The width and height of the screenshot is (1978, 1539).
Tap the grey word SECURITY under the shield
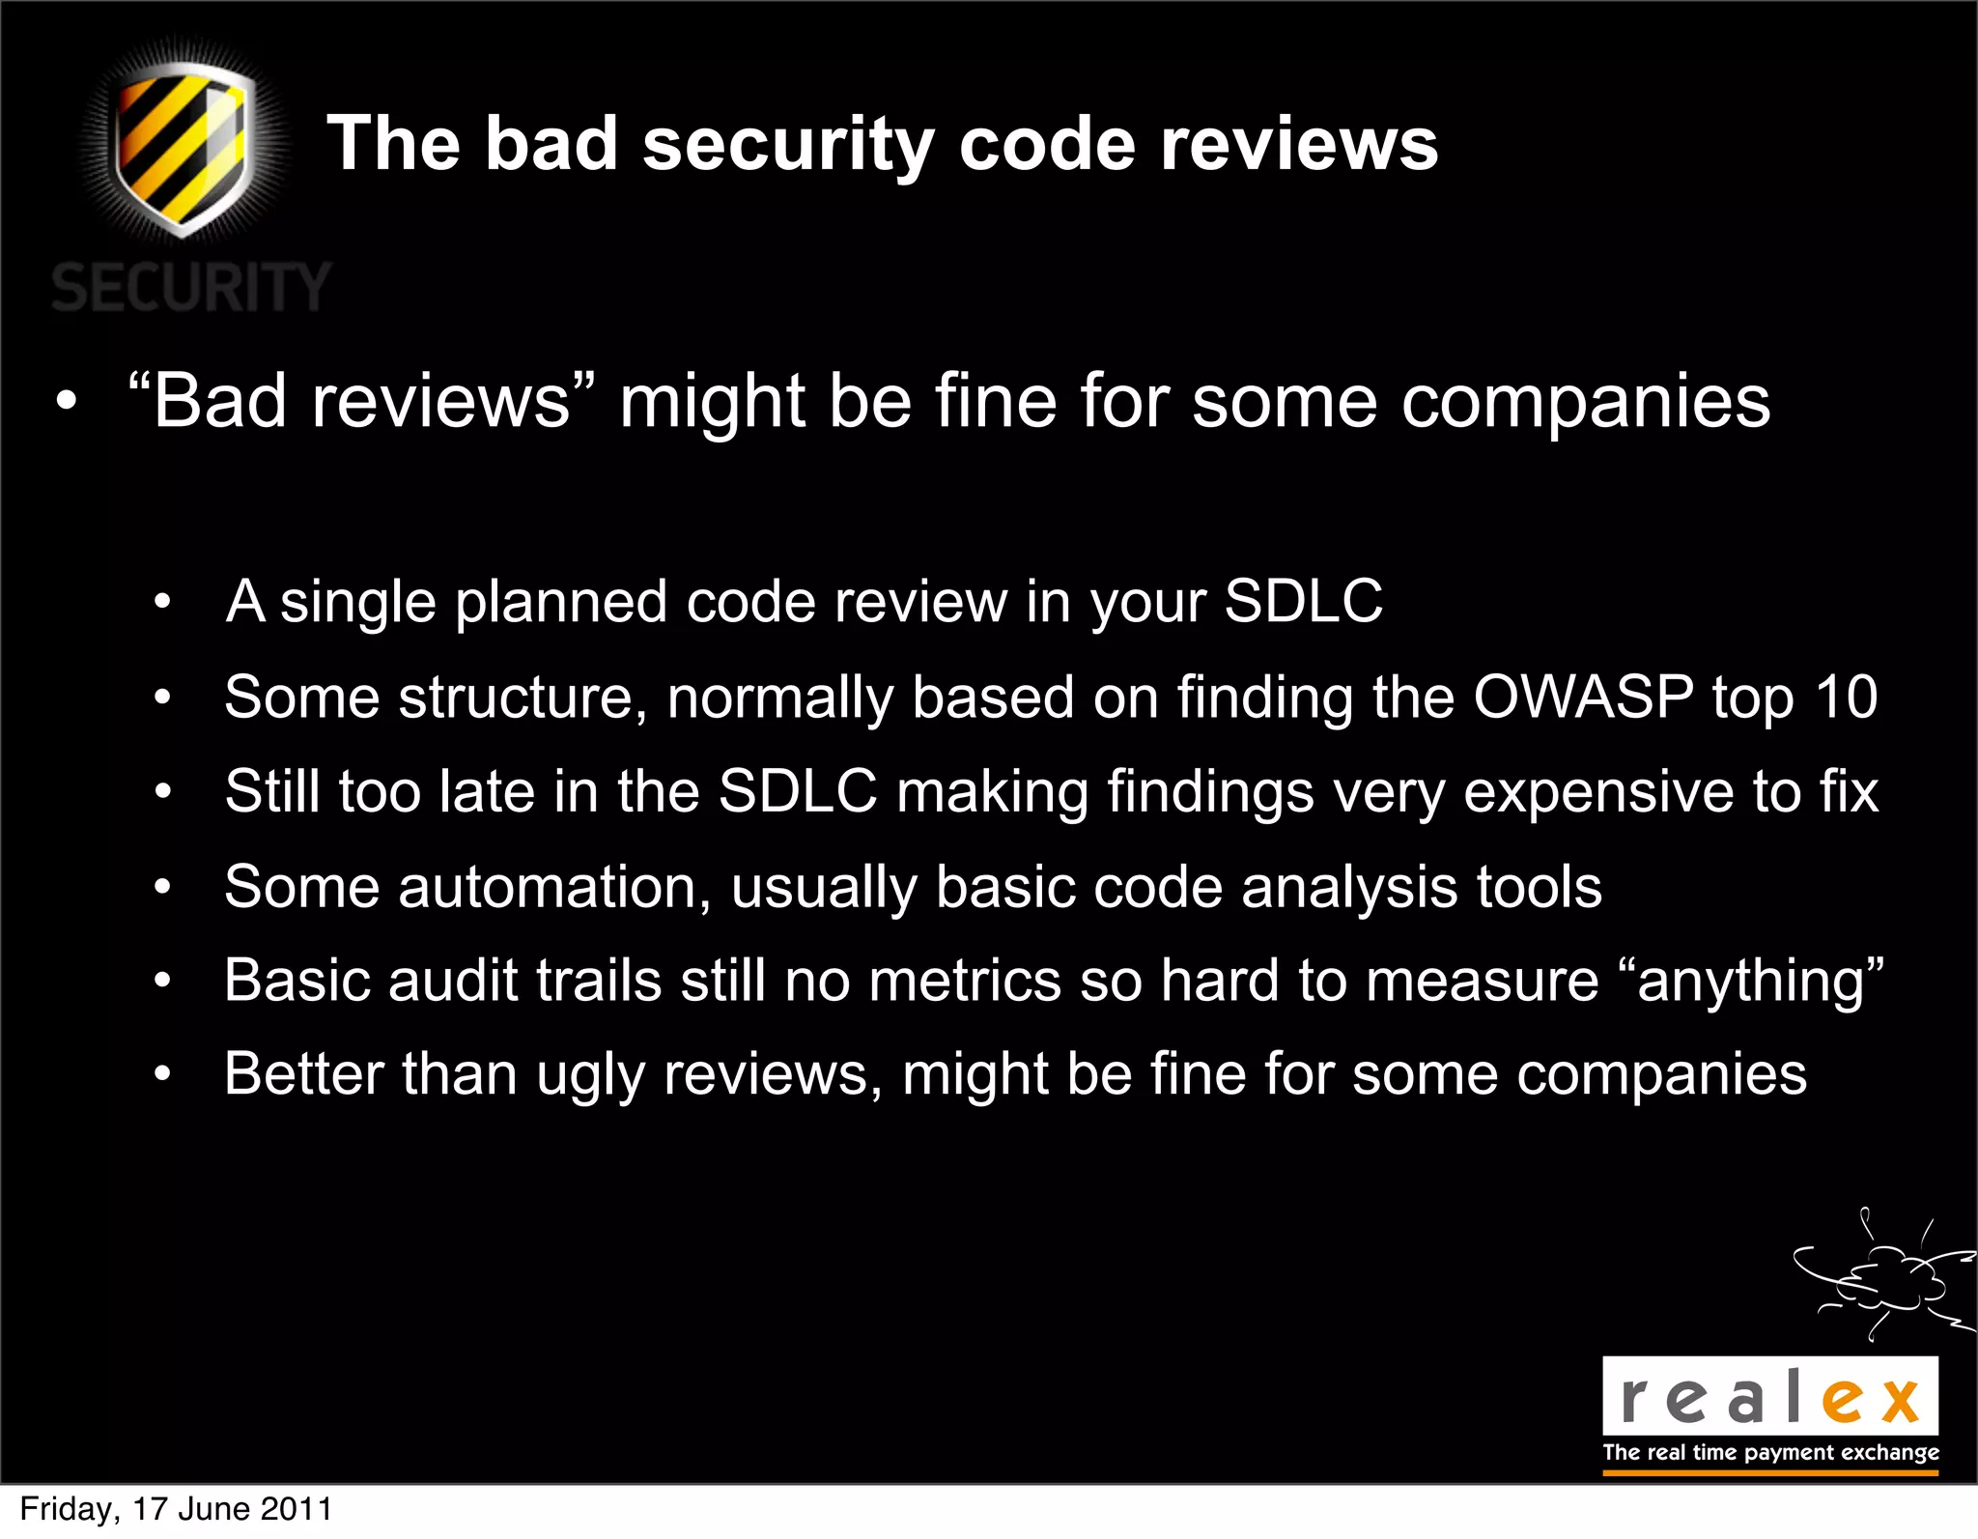click(x=191, y=287)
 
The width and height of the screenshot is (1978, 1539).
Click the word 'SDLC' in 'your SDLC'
click(x=1304, y=601)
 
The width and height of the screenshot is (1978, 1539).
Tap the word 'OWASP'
click(x=1583, y=697)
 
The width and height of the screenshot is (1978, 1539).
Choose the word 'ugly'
click(x=590, y=1075)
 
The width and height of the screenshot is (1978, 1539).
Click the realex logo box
click(x=1769, y=1396)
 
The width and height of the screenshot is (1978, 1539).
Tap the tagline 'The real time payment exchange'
click(x=1770, y=1452)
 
